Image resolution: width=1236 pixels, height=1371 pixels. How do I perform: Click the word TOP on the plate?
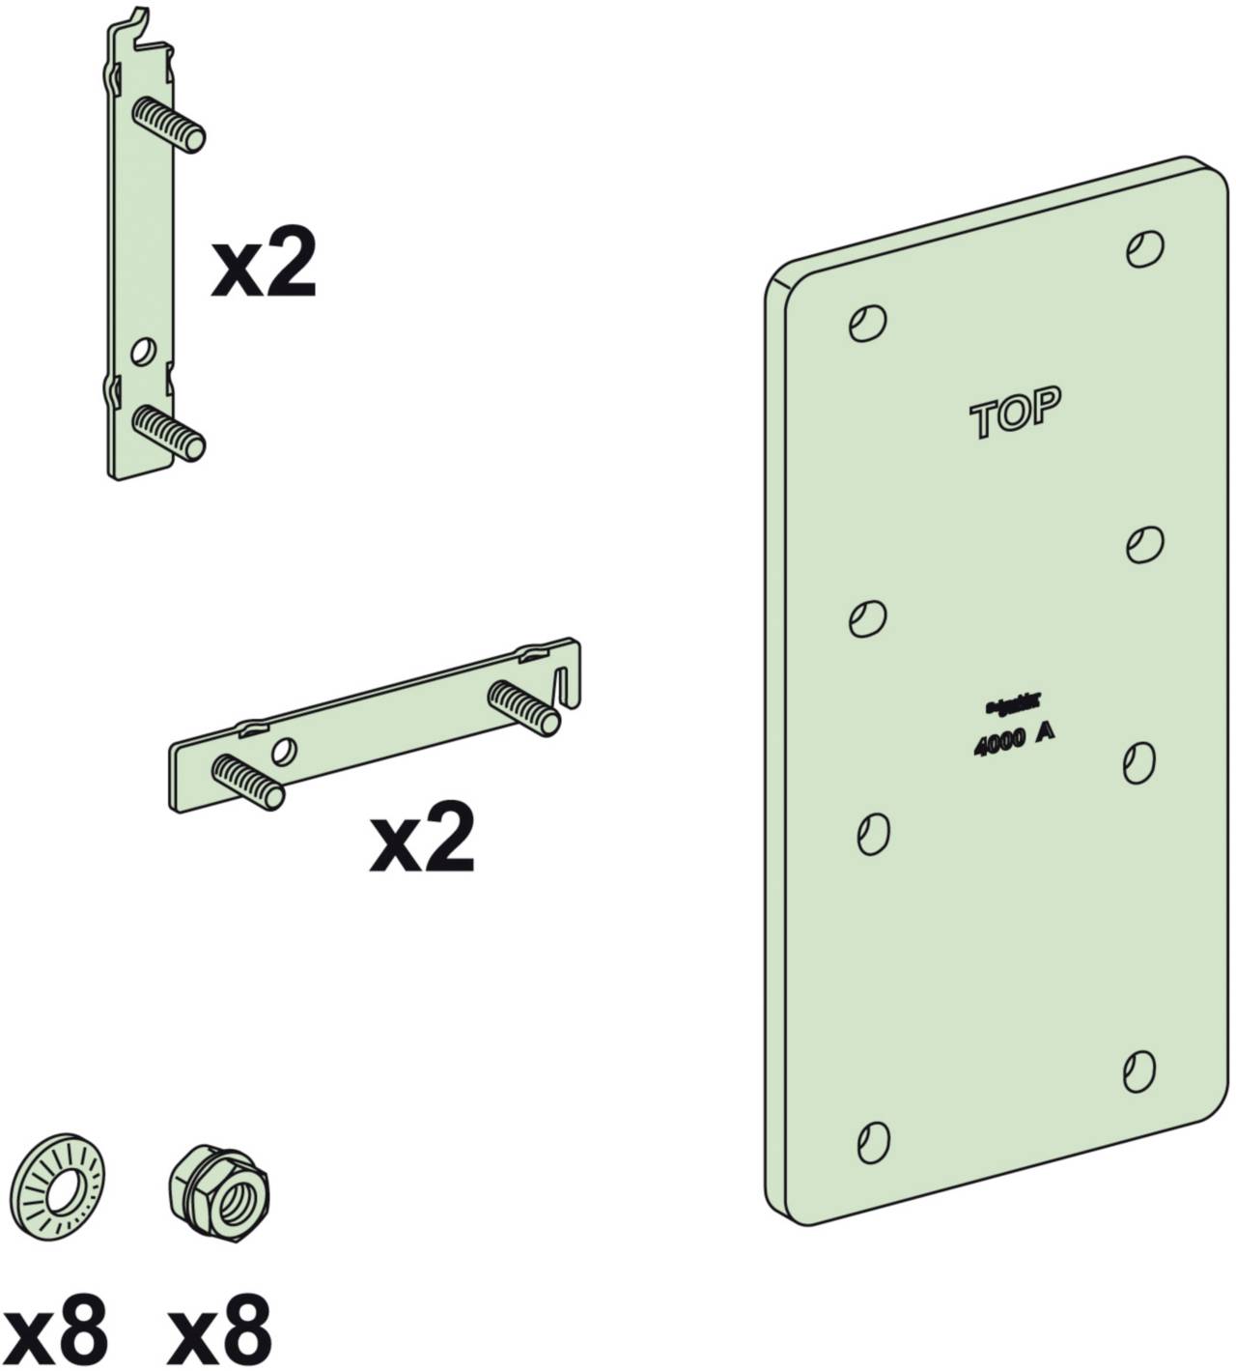coord(1016,413)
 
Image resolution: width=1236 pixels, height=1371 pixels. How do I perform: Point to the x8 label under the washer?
coord(55,1330)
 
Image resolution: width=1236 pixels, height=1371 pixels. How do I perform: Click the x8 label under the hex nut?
coord(219,1330)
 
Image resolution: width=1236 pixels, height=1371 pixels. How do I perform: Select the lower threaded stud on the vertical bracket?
coord(170,432)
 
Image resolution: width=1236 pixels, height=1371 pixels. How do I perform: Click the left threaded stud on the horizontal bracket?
coord(247,780)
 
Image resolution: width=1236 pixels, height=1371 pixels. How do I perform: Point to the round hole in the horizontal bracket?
coord(284,750)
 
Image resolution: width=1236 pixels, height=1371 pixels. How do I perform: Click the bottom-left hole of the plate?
coord(873,1142)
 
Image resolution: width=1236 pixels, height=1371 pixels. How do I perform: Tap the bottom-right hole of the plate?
coord(1140,1070)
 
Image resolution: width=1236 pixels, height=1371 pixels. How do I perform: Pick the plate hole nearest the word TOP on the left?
coord(867,322)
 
